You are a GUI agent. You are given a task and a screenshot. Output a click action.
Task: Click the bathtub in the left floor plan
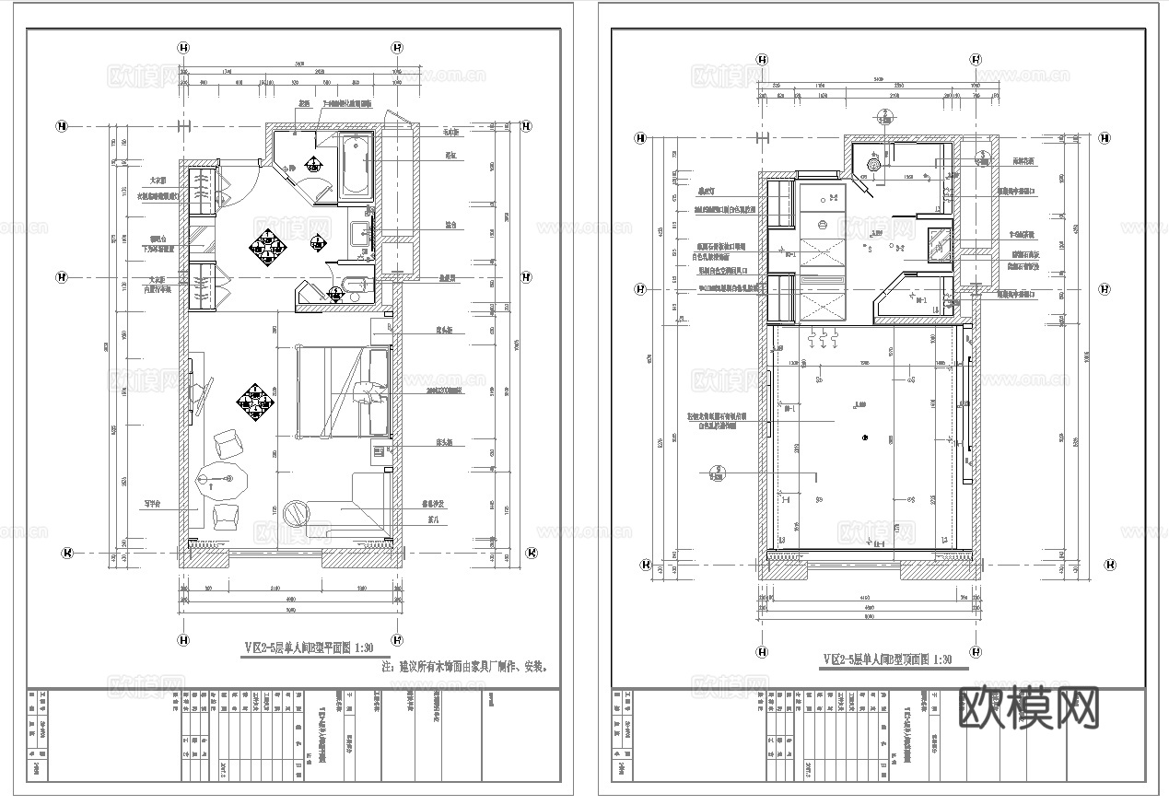point(355,166)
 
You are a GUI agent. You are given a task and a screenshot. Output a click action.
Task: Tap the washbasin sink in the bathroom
point(360,226)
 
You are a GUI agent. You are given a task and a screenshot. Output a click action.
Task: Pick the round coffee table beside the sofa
point(298,511)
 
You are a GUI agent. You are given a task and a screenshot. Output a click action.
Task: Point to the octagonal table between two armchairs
point(222,480)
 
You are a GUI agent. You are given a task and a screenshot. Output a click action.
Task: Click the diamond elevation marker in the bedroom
point(255,401)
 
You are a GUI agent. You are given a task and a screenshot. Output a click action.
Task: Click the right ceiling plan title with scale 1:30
point(887,659)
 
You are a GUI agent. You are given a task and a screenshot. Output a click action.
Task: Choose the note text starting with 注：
point(469,666)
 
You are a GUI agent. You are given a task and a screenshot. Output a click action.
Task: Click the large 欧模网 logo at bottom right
point(1029,707)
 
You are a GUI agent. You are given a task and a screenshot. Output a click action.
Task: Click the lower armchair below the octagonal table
point(225,515)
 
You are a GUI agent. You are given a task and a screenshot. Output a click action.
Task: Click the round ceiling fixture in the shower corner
point(871,165)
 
